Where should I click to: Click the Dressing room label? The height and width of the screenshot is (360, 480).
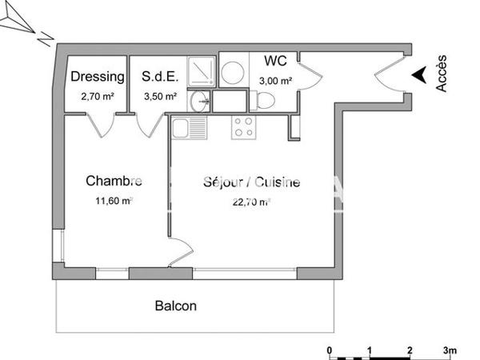click(98, 78)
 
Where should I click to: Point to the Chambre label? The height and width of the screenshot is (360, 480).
click(114, 182)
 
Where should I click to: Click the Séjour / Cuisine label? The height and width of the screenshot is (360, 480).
click(251, 182)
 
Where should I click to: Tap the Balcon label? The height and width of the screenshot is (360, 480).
click(175, 306)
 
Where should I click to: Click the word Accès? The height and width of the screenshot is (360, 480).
click(442, 73)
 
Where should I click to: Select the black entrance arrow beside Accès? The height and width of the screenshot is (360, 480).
click(418, 75)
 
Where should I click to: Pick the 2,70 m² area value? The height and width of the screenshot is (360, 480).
click(97, 96)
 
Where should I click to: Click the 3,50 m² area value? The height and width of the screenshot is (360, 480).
click(159, 96)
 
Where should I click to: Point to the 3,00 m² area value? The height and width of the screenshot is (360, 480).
click(274, 81)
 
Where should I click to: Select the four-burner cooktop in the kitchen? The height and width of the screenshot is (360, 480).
click(243, 126)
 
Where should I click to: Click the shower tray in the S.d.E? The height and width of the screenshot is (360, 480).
click(201, 72)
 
